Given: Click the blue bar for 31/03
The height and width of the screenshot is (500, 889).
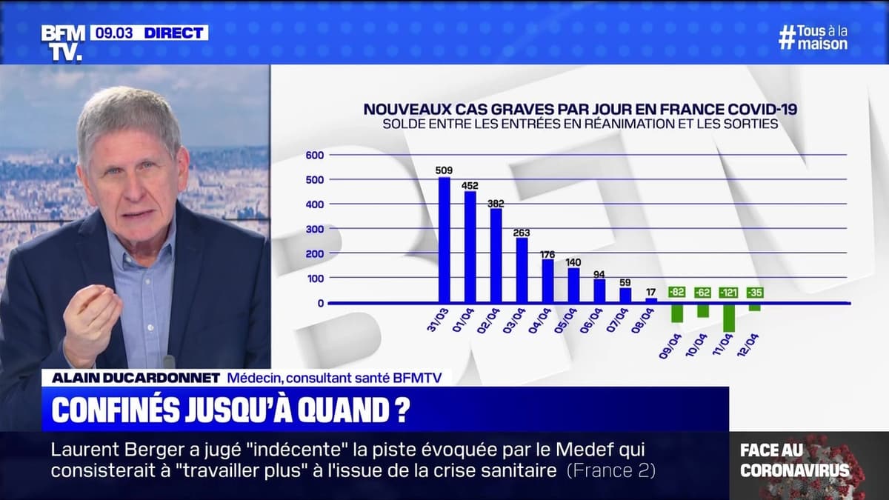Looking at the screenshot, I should pyautogui.click(x=444, y=239).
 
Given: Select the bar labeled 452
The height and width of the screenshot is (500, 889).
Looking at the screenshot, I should pyautogui.click(x=470, y=247).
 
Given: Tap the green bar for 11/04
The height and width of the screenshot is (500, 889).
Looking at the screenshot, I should pyautogui.click(x=729, y=318).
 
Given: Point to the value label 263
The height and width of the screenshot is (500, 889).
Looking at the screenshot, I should pyautogui.click(x=522, y=230).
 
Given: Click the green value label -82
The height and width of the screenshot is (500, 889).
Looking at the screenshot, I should pyautogui.click(x=677, y=293).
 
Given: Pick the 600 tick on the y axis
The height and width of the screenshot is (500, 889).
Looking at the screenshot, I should pyautogui.click(x=315, y=155).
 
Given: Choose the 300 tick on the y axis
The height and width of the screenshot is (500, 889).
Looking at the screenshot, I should pyautogui.click(x=315, y=229).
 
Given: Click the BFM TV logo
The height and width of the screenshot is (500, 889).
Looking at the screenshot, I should pyautogui.click(x=62, y=42).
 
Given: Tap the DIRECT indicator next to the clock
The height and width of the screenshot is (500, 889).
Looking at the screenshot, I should pyautogui.click(x=173, y=33).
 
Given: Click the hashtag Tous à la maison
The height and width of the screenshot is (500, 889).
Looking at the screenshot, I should pyautogui.click(x=813, y=37).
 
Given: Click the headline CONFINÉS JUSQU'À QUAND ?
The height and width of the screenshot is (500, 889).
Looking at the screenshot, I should pyautogui.click(x=229, y=410).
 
